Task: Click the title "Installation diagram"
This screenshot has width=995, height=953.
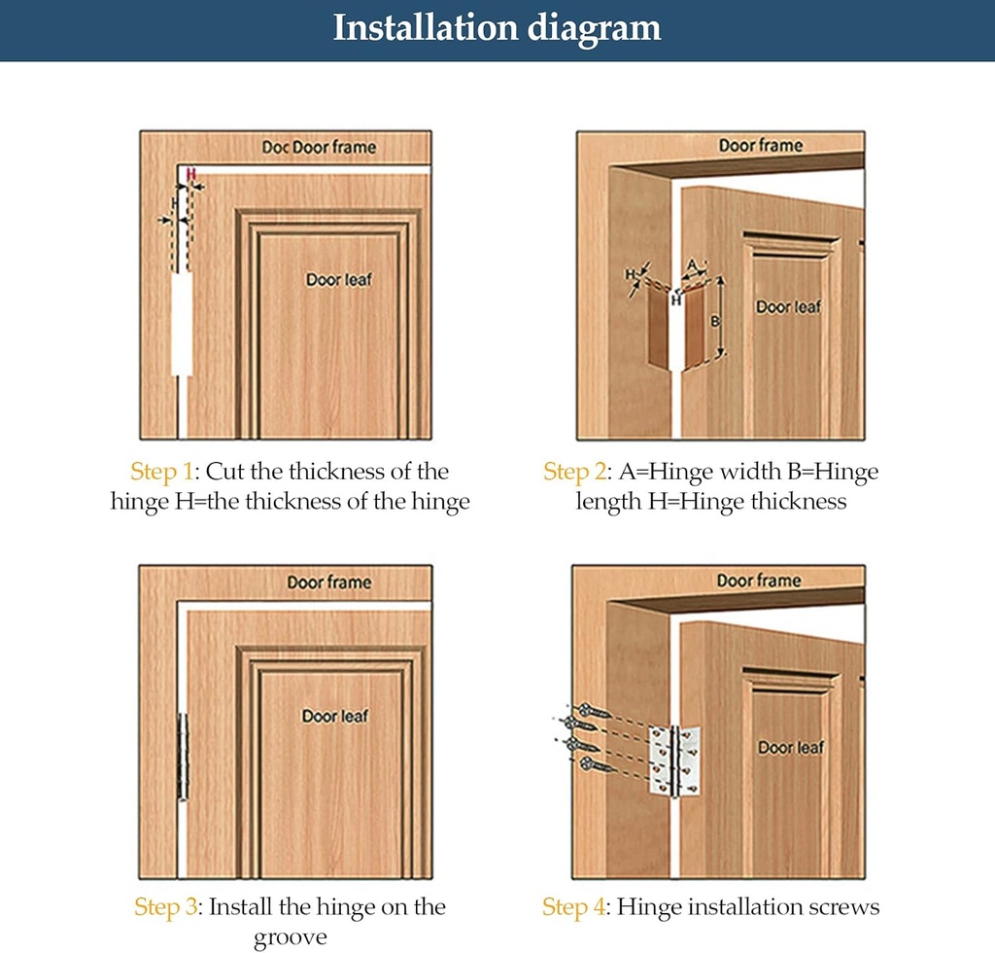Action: click(x=497, y=28)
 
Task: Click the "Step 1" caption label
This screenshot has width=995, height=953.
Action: click(x=161, y=471)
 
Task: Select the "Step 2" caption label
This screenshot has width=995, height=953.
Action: click(x=574, y=471)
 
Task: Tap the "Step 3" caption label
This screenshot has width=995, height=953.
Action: click(x=165, y=906)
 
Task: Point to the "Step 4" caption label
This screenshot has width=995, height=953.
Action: click(x=573, y=906)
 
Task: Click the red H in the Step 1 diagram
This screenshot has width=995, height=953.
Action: click(x=191, y=174)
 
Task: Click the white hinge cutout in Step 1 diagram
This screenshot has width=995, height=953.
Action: click(x=182, y=324)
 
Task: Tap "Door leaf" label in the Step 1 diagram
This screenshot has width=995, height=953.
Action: click(x=339, y=279)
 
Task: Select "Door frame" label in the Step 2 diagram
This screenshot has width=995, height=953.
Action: click(x=760, y=146)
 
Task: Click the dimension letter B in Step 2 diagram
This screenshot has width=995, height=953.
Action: click(x=714, y=322)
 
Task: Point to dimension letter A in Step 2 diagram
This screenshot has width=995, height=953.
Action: click(x=693, y=265)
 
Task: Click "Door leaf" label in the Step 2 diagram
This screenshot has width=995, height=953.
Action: click(x=788, y=307)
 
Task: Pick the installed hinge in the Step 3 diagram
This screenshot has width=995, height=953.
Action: click(x=183, y=757)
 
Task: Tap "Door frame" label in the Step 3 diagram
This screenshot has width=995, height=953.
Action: click(x=329, y=582)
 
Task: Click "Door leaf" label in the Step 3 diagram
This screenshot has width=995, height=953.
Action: click(x=335, y=716)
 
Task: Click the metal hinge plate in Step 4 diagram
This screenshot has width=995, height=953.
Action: click(x=674, y=760)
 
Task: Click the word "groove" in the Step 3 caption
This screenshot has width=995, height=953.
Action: click(x=290, y=937)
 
